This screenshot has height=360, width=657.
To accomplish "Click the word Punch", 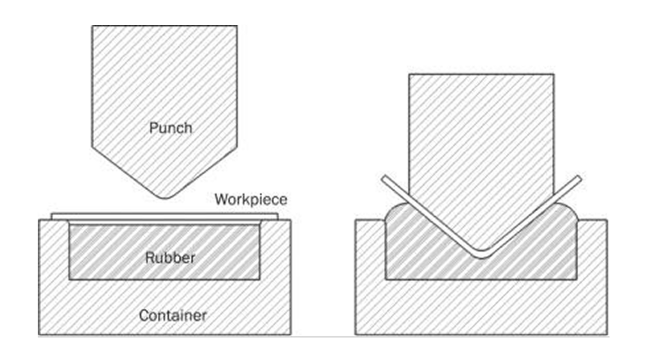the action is [x=171, y=128].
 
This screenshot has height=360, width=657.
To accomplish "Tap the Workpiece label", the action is [x=251, y=200].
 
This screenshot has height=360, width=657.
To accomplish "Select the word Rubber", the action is [x=170, y=258].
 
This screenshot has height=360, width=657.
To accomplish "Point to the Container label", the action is [x=173, y=316].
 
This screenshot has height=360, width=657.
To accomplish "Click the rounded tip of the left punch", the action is [x=165, y=196].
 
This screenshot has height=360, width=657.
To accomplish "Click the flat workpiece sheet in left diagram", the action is [x=164, y=217].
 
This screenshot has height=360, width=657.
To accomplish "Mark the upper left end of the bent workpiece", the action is [x=384, y=178].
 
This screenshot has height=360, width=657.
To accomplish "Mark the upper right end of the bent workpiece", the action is [x=579, y=178].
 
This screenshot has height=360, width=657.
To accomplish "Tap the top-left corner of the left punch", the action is [x=92, y=26].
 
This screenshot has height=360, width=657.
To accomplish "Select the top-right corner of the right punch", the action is [x=554, y=74].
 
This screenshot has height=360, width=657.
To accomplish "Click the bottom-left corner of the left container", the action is [x=38, y=334].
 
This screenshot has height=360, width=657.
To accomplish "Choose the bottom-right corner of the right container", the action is [x=607, y=334].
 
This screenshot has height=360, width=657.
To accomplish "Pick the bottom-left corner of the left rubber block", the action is [x=69, y=280].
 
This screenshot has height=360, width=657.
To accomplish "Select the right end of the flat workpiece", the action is [x=277, y=217].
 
